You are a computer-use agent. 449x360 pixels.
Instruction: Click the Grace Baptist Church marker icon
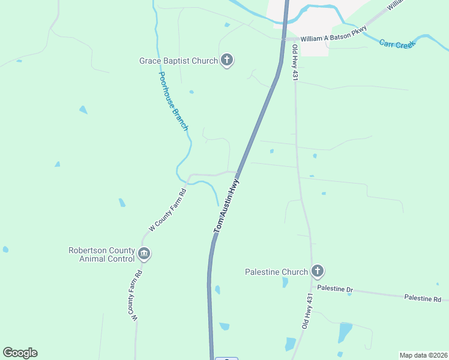click(227, 60)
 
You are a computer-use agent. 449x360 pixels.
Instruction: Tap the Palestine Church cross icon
click(318, 271)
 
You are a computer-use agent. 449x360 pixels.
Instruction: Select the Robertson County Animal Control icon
click(143, 254)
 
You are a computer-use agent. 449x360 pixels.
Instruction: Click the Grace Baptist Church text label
click(178, 61)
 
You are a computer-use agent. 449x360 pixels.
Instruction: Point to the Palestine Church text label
click(276, 272)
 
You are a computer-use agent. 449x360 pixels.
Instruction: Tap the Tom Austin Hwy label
click(227, 205)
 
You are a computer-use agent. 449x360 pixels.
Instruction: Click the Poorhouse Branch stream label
click(173, 101)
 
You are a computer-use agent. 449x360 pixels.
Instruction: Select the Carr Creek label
click(397, 44)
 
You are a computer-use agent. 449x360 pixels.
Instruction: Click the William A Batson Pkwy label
click(333, 38)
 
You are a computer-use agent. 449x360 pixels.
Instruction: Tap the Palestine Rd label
click(422, 298)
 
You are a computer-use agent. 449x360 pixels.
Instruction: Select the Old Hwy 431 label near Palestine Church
click(308, 311)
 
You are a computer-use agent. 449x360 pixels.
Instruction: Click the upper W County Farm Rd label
click(168, 210)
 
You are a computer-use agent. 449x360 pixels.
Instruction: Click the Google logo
click(20, 353)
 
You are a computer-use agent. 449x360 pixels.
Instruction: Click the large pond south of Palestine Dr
click(345, 332)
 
